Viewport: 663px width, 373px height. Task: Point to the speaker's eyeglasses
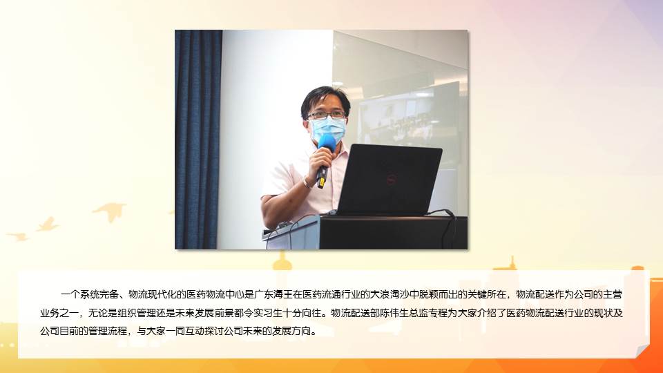327,115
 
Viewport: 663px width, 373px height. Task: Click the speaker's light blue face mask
327,129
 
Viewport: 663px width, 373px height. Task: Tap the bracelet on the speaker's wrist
306,182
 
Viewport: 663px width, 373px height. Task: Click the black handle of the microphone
323,174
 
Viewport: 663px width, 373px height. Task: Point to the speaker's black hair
325,99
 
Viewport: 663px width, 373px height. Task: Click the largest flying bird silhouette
110,210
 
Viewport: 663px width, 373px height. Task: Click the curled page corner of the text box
642,351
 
